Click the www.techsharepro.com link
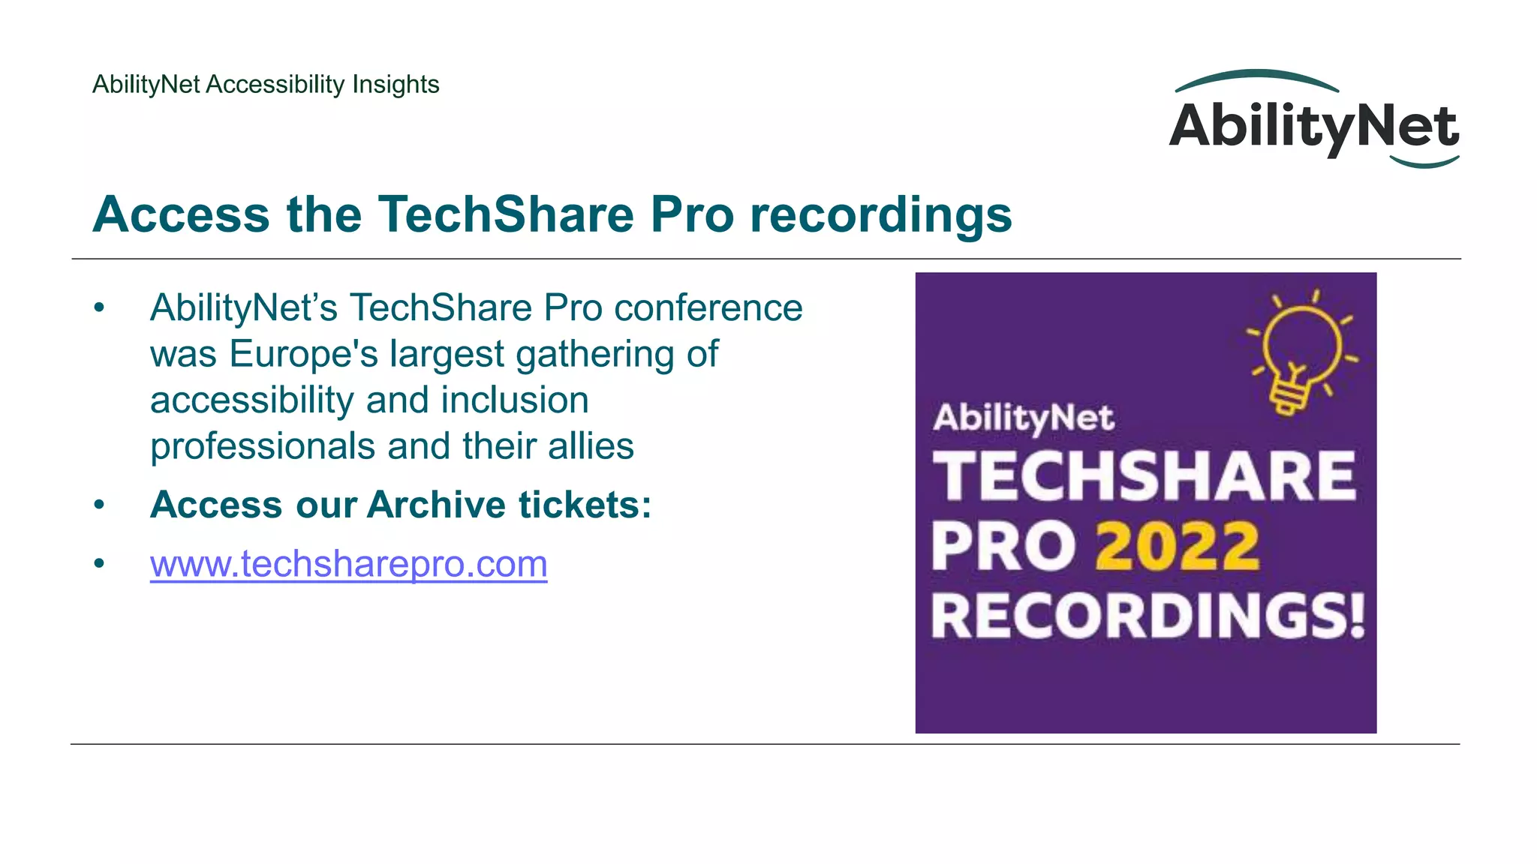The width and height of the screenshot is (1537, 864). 348,564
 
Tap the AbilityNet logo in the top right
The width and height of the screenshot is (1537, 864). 1313,124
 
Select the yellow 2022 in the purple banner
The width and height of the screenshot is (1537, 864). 1177,547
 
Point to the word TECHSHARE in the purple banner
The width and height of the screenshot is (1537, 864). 1144,476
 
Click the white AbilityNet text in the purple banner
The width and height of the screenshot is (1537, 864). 1024,418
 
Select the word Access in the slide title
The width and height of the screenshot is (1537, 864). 180,214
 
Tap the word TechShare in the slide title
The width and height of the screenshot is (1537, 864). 505,214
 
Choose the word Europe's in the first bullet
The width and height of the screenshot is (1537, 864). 303,354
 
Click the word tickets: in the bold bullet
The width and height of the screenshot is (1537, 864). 585,505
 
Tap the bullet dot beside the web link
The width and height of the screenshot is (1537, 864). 99,563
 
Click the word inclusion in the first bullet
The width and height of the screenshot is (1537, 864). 515,400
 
